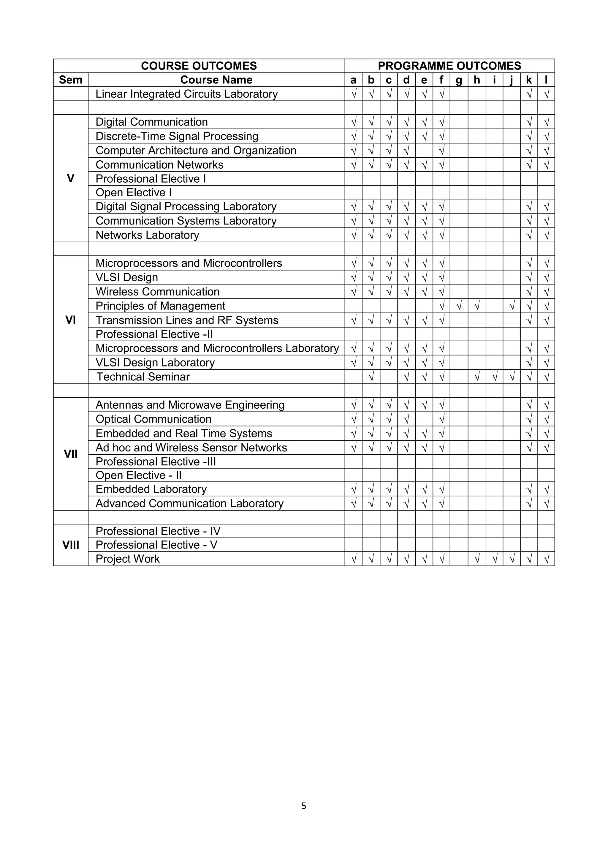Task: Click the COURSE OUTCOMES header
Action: [199, 66]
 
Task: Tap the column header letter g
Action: [459, 80]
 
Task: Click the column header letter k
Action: [529, 80]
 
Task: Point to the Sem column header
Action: [70, 80]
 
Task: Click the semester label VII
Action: [70, 454]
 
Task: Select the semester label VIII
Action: [70, 545]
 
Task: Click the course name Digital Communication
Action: [152, 122]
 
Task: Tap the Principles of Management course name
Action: [160, 306]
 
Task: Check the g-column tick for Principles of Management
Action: [459, 306]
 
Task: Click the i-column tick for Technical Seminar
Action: [494, 377]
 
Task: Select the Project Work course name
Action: [128, 559]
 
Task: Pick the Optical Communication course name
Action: [153, 419]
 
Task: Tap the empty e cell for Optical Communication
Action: [424, 419]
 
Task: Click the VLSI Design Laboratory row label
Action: [155, 363]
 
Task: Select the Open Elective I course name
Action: [134, 192]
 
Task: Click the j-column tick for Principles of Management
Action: [512, 306]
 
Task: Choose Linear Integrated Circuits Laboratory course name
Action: [186, 94]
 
